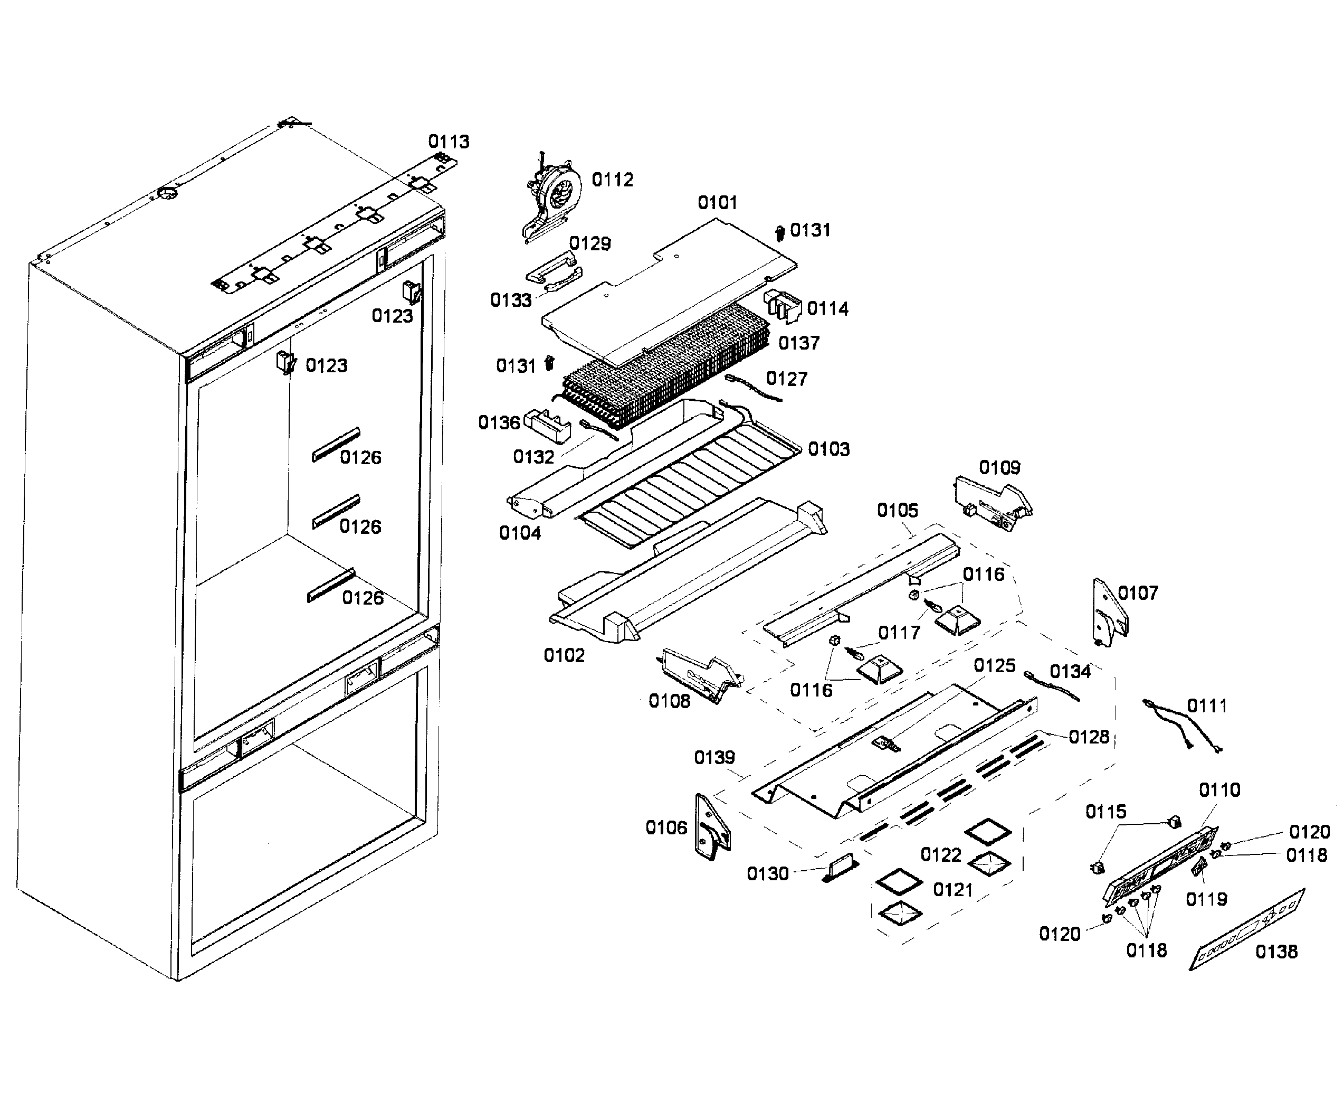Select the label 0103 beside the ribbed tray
pos(828,449)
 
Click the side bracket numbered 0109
pos(992,503)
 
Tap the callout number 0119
pos(1206,900)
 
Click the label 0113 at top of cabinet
pos(448,142)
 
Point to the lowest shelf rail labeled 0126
pos(330,585)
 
